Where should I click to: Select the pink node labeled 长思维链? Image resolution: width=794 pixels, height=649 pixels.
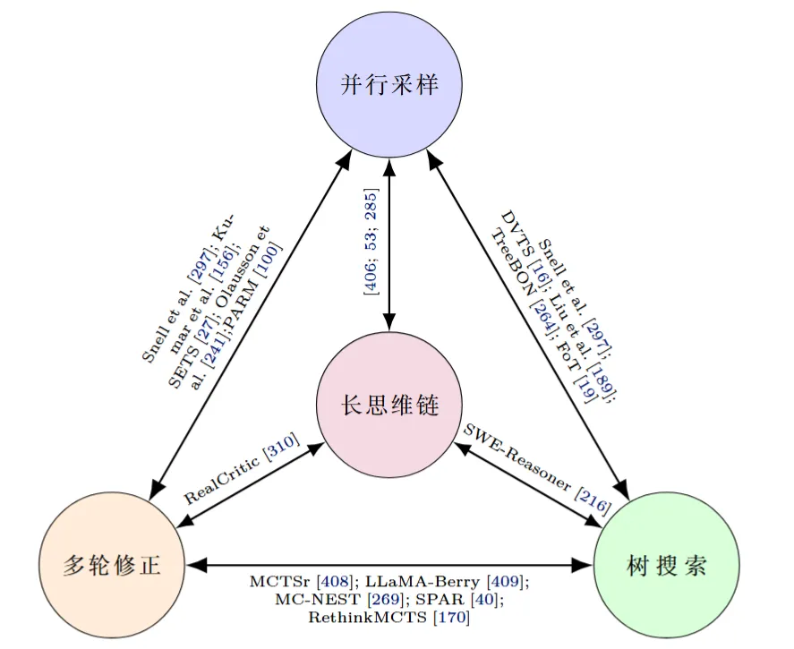point(389,405)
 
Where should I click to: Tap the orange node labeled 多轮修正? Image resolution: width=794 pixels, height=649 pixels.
point(112,565)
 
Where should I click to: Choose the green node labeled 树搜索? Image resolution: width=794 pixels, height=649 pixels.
point(667,566)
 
